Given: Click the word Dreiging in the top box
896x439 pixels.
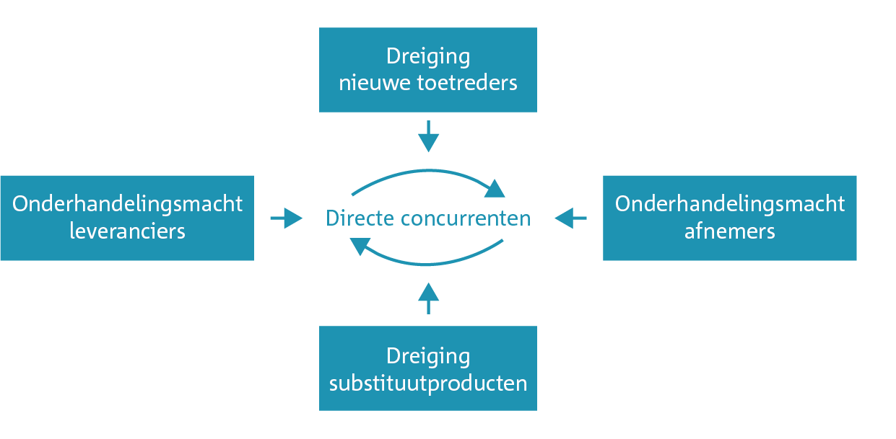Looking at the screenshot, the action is [x=428, y=57].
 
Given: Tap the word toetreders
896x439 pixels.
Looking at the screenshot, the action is [x=467, y=83].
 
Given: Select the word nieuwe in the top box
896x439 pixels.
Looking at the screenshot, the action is [x=375, y=83].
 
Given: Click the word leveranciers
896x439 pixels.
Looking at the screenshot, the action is [x=127, y=231].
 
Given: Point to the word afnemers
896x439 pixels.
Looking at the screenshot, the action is [x=730, y=231].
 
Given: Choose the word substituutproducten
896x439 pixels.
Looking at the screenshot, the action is [x=428, y=384].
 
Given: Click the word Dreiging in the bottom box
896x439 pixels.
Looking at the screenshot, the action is [x=428, y=357].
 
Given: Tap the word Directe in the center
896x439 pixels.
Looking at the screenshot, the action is [x=360, y=218].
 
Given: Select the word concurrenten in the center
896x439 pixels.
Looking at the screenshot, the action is [x=466, y=219].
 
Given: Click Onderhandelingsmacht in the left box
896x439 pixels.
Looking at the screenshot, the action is [x=127, y=204].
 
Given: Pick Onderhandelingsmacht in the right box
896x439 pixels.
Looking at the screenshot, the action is [x=730, y=204].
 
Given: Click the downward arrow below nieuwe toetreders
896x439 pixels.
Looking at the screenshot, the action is [x=428, y=136].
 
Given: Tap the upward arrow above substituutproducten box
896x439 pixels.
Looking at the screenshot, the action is [x=428, y=298].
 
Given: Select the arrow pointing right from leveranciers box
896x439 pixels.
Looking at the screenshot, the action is [x=287, y=218].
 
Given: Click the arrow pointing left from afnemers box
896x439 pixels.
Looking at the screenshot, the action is [x=571, y=218].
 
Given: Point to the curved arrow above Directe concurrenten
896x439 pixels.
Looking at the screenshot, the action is [x=428, y=171].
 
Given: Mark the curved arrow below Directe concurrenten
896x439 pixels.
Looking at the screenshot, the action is [x=428, y=264].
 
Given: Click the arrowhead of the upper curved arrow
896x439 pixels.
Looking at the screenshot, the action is [x=495, y=190].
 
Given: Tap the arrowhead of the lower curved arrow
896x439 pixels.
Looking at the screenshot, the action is [x=360, y=245].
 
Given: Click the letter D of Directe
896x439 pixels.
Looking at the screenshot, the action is [x=332, y=218].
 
